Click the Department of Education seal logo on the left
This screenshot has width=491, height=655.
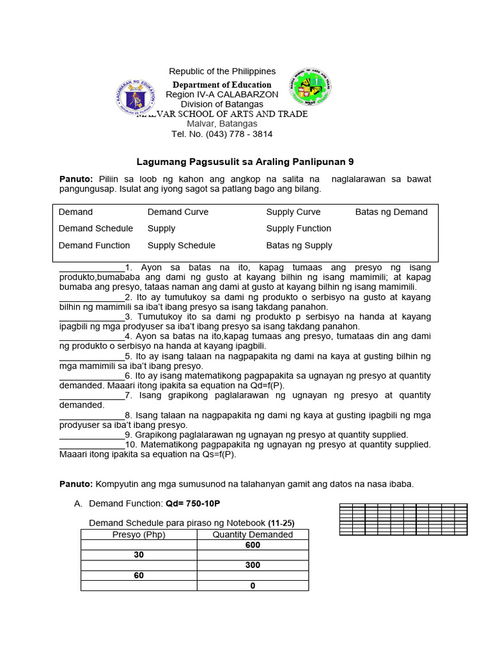[137, 97]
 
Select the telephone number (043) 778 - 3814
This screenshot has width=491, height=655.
[222, 134]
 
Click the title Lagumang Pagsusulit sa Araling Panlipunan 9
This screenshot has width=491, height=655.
[245, 162]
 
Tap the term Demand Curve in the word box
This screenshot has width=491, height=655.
[178, 212]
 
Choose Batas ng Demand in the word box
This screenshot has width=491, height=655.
[391, 212]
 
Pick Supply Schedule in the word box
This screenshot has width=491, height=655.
[182, 245]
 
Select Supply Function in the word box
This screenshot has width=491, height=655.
[299, 228]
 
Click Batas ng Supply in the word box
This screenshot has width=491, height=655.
[299, 245]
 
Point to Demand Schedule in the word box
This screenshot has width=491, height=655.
[96, 228]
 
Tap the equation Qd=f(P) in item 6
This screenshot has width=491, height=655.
[263, 386]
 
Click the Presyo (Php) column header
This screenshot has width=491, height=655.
[139, 535]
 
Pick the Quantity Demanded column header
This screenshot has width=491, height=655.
[253, 535]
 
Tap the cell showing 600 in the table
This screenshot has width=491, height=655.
[253, 545]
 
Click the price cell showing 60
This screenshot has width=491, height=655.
[139, 576]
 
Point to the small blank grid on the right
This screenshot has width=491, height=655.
[403, 519]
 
